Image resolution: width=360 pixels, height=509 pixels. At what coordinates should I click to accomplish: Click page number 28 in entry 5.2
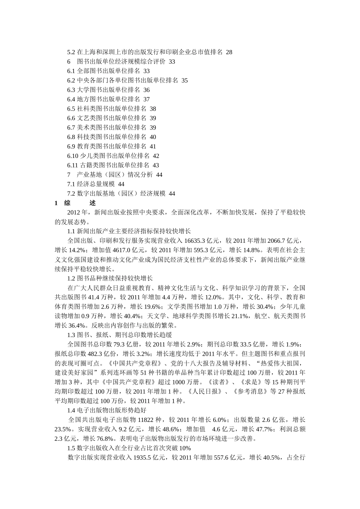(x=229, y=52)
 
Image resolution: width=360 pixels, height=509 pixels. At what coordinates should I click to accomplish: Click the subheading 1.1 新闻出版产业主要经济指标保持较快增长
(x=129, y=231)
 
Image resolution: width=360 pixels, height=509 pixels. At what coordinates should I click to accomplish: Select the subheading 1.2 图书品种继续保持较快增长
(x=110, y=278)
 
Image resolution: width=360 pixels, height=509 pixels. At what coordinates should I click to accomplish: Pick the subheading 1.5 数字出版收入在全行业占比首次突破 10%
(x=129, y=448)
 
